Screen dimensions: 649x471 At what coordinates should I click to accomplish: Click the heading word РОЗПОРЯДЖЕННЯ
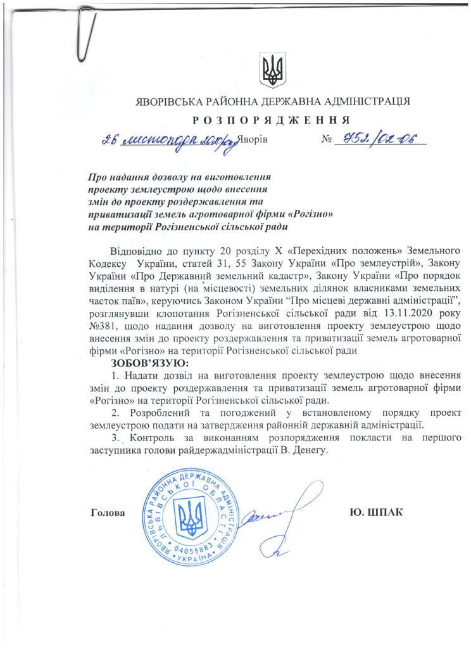(x=272, y=120)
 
